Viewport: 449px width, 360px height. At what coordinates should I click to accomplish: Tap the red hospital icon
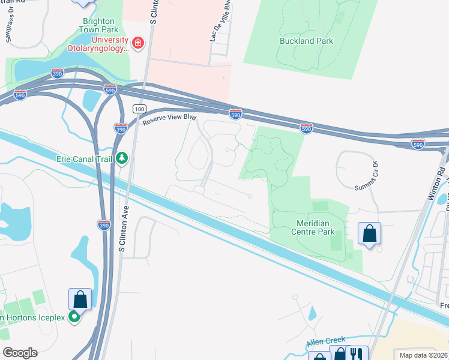[x=138, y=43]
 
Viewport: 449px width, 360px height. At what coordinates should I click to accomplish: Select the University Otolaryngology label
[x=98, y=44]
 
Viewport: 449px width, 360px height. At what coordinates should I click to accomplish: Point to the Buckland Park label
[x=306, y=41]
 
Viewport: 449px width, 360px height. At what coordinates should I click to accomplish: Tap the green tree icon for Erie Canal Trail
[x=122, y=158]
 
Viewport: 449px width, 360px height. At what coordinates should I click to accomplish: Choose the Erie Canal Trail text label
[x=85, y=158]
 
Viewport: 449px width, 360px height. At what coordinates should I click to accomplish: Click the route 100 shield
[x=140, y=109]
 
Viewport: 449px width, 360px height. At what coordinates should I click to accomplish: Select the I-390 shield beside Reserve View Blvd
[x=120, y=127]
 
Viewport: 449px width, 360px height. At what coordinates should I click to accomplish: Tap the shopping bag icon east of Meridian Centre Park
[x=369, y=233]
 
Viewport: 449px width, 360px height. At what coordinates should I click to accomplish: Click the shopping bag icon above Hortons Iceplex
[x=79, y=298]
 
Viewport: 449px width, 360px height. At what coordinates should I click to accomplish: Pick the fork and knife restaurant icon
[x=357, y=354]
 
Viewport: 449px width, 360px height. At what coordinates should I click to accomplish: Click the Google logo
[x=20, y=352]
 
